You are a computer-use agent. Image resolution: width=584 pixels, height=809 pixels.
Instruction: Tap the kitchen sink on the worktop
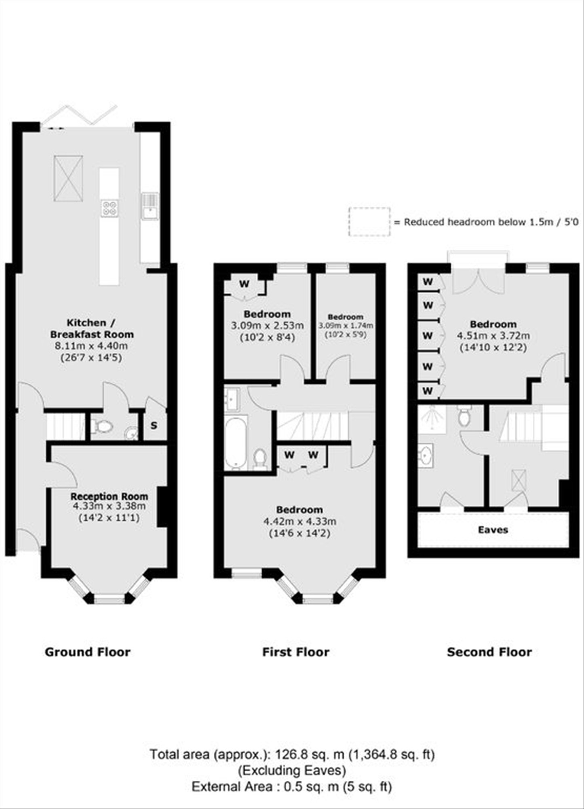[x=149, y=207]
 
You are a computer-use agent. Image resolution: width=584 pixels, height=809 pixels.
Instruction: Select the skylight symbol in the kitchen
[x=68, y=178]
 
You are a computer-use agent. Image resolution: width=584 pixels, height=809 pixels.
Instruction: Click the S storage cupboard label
[x=154, y=426]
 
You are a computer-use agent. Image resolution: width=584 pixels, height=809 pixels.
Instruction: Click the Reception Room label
[x=109, y=496]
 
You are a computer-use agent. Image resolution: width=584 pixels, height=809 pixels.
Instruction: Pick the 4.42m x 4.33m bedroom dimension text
[x=299, y=521]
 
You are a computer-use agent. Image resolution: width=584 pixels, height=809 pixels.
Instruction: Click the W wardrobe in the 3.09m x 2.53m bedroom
[x=244, y=284]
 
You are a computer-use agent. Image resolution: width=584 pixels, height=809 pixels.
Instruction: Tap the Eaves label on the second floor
[x=493, y=529]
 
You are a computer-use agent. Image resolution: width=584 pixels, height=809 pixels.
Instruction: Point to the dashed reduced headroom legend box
[x=369, y=222]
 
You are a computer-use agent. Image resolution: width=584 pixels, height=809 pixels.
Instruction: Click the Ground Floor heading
[x=87, y=652]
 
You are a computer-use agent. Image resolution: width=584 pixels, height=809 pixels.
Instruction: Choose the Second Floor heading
[x=489, y=652]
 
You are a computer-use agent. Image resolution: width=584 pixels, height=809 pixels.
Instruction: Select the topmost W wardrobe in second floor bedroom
[x=428, y=281]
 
